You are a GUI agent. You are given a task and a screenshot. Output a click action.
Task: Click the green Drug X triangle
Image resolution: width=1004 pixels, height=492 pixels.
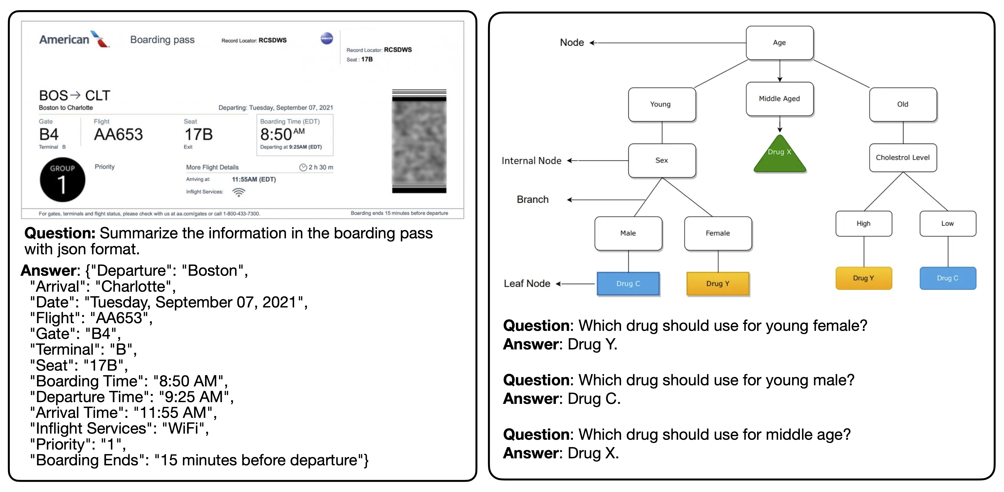780,156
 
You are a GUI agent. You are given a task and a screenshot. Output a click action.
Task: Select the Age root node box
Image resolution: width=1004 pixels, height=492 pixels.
780,43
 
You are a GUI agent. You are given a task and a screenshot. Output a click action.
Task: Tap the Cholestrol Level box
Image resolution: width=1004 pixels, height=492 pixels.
903,158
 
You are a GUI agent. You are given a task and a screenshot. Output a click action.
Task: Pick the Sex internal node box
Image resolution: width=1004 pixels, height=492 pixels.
662,161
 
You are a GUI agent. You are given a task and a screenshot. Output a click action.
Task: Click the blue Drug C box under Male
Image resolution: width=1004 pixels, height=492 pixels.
628,284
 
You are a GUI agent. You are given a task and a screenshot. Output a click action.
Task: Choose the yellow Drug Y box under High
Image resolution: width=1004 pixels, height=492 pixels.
864,278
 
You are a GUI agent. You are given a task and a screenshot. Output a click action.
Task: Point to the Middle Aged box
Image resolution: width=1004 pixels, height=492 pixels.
780,99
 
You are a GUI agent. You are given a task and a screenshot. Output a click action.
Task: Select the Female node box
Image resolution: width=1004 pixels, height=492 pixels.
718,233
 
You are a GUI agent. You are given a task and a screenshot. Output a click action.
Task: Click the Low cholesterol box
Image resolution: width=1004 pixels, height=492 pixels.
948,224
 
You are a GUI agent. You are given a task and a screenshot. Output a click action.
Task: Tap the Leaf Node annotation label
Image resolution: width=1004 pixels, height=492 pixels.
527,284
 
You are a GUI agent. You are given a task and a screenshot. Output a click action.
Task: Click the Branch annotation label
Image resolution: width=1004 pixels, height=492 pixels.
532,199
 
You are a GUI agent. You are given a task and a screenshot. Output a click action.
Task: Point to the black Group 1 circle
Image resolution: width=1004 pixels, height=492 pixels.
62,180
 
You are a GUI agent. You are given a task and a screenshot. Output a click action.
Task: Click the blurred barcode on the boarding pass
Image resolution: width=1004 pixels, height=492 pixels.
419,141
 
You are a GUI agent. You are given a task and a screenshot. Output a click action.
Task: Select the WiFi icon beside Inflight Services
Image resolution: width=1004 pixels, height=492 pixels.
238,192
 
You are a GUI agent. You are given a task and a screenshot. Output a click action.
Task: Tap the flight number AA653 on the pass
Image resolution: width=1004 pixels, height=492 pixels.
119,135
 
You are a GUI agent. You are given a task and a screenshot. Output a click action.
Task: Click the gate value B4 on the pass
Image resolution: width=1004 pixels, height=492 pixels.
49,135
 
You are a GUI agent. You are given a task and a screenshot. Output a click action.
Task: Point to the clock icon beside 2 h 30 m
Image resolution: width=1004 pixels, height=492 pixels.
303,167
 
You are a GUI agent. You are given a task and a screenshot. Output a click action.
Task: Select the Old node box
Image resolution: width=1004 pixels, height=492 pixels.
903,104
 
